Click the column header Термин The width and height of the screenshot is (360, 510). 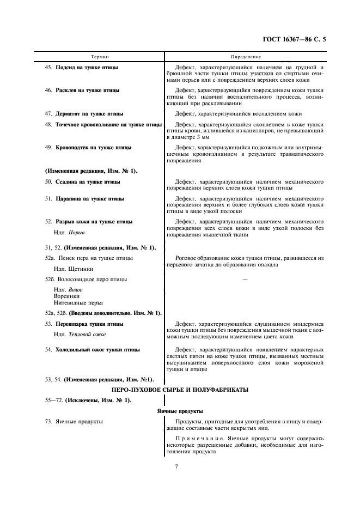point(99,57)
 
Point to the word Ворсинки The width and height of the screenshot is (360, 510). point(66,296)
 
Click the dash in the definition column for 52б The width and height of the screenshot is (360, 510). point(245,280)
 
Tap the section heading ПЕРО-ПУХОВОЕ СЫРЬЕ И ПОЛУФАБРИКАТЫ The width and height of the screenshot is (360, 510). point(180,390)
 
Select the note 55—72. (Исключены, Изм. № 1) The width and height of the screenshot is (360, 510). point(88,400)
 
